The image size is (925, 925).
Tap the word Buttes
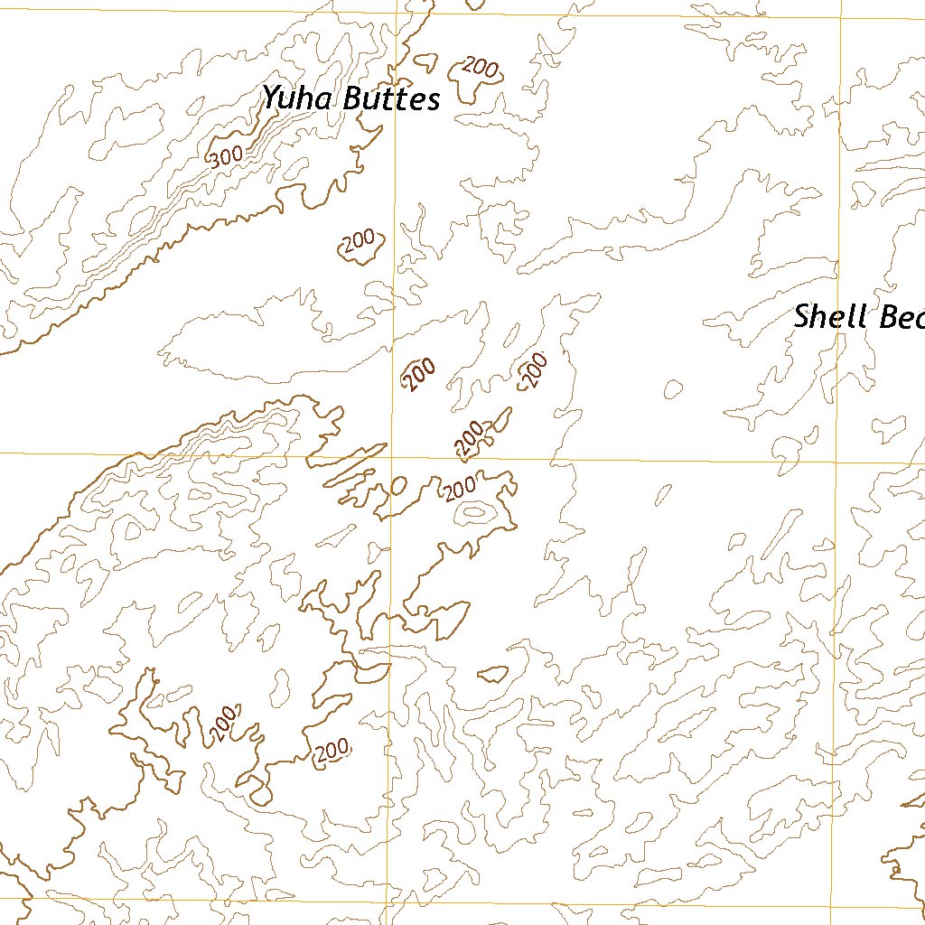(x=390, y=98)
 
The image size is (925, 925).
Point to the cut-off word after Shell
(x=900, y=318)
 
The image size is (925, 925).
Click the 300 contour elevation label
(x=226, y=156)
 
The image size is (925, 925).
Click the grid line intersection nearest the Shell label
(x=839, y=462)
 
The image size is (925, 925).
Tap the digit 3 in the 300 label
(x=215, y=161)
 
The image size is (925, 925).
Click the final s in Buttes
(x=433, y=100)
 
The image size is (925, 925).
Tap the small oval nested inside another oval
(x=473, y=512)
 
